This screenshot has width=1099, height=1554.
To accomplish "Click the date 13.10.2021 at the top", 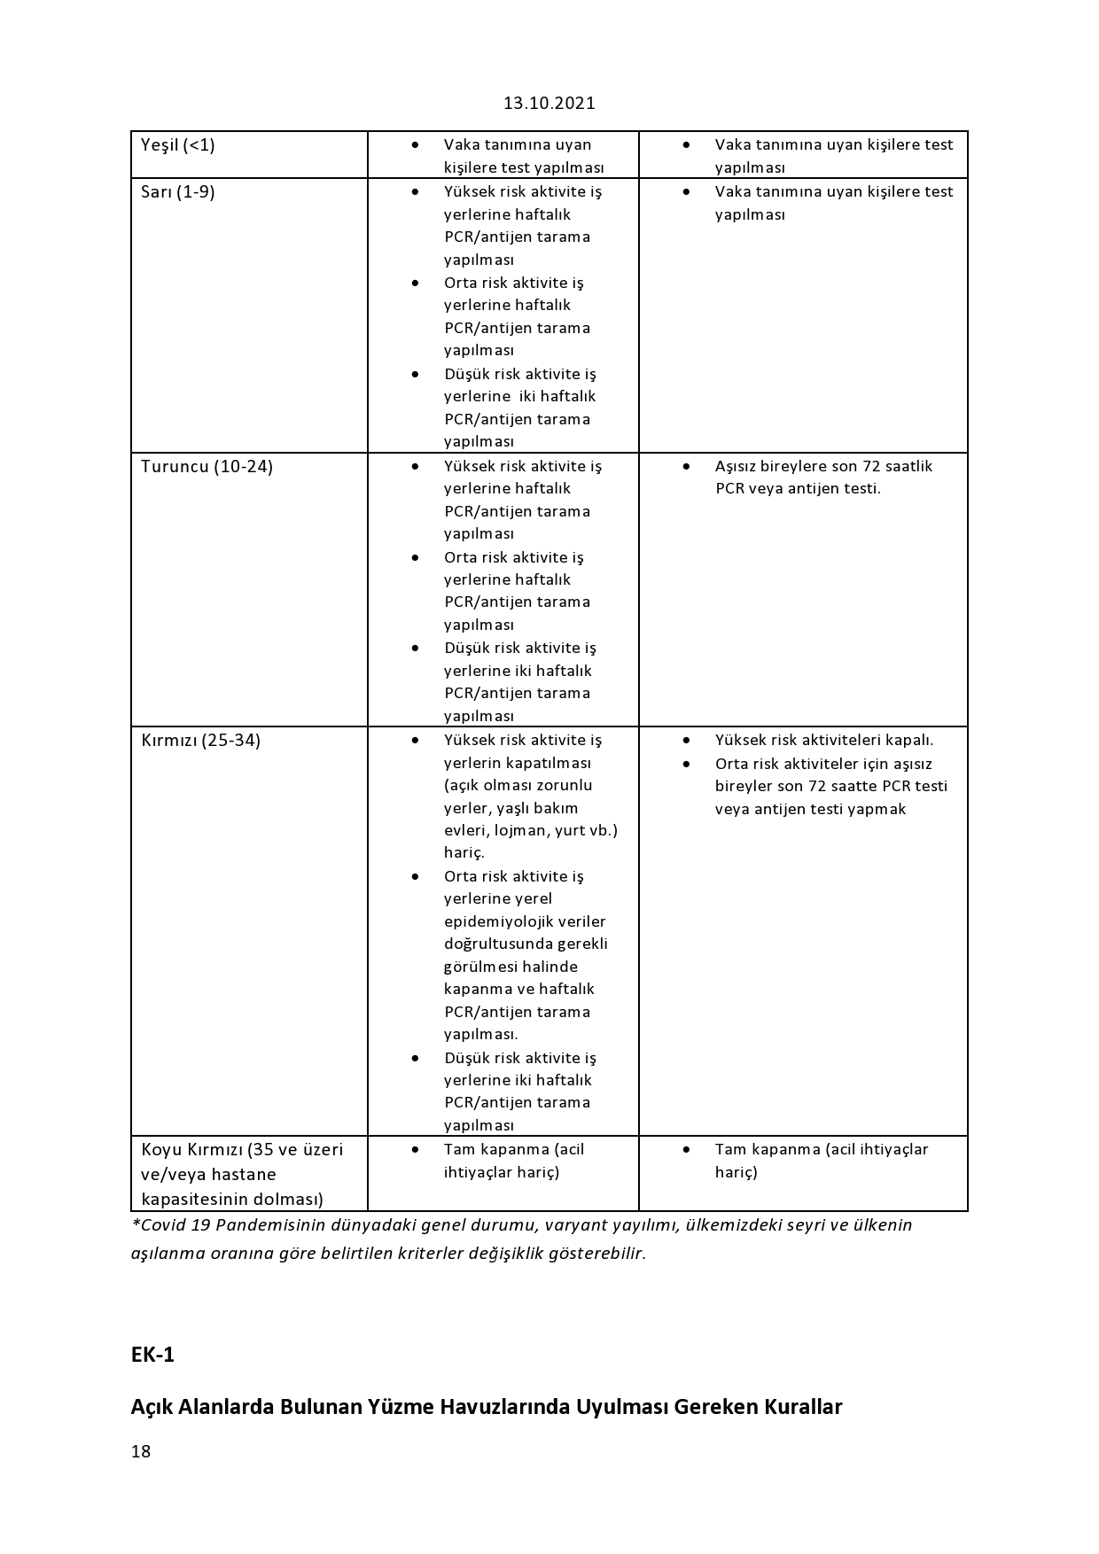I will pyautogui.click(x=549, y=103).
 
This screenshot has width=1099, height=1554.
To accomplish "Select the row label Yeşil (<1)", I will pyautogui.click(x=178, y=144).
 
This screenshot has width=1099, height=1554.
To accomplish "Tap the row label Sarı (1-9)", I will pyautogui.click(x=178, y=191).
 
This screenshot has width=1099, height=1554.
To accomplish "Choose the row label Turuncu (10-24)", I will pyautogui.click(x=207, y=466).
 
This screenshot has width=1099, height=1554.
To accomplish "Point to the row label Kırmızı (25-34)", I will pyautogui.click(x=201, y=740).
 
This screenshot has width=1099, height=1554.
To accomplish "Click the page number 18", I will pyautogui.click(x=141, y=1451).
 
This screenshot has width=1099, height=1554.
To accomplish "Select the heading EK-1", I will pyautogui.click(x=152, y=1355).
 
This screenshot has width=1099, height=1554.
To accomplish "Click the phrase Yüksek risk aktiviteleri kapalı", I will pyautogui.click(x=824, y=740).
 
